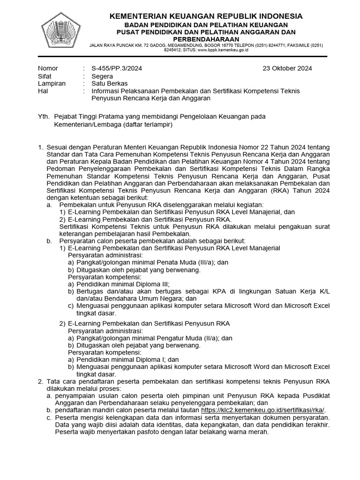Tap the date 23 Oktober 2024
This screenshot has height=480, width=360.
pos(287,68)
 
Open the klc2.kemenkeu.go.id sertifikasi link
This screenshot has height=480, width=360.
pos(262,410)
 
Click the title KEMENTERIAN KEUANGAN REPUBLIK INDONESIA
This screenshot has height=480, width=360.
pos(206,16)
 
